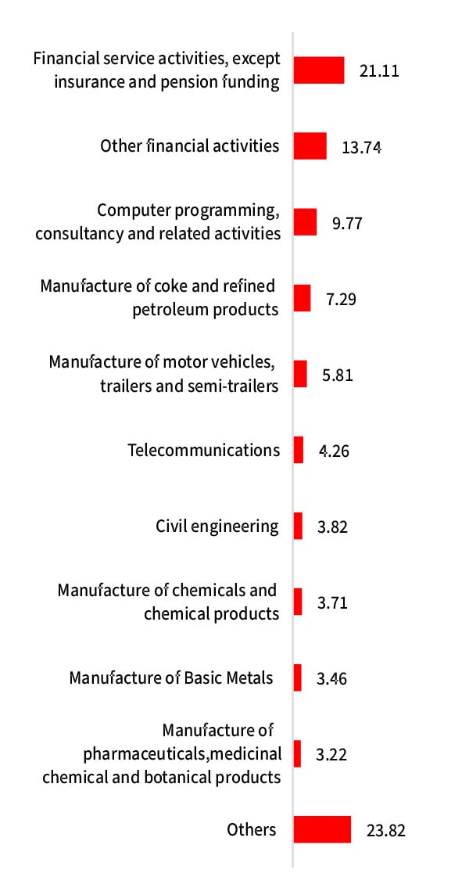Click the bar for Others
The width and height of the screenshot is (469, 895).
tap(322, 829)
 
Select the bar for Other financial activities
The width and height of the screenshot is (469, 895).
tap(310, 146)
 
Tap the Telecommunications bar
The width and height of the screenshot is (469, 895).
tap(299, 450)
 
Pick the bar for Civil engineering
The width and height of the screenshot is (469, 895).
tap(298, 526)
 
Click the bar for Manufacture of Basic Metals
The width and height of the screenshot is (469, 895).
tap(298, 678)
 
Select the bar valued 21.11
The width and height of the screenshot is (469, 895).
tap(319, 70)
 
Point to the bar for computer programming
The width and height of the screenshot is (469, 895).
tap(305, 222)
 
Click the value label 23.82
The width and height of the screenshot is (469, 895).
tap(385, 830)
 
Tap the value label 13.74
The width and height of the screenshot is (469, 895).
tap(361, 147)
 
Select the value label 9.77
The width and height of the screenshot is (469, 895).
tap(348, 223)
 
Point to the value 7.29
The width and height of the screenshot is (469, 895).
tap(341, 299)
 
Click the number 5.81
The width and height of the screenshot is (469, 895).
tap(338, 375)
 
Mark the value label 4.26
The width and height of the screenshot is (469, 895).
tap(334, 451)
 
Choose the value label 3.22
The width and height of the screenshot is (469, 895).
tap(331, 754)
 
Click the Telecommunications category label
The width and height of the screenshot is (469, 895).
tap(203, 450)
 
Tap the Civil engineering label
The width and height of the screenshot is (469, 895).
tap(217, 526)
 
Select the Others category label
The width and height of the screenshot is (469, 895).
tap(251, 829)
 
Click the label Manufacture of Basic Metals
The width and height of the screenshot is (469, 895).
tap(171, 678)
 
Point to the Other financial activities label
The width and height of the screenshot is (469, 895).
tap(190, 146)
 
